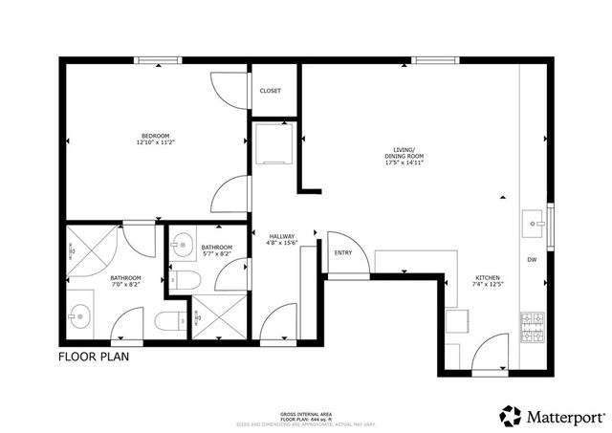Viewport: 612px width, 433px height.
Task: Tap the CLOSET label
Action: (x=270, y=91)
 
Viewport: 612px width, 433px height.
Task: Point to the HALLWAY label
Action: (x=281, y=236)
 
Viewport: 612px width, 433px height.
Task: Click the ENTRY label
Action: (x=342, y=253)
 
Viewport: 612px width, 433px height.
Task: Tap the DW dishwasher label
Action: (x=531, y=260)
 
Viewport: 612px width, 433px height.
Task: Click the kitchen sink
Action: (x=532, y=224)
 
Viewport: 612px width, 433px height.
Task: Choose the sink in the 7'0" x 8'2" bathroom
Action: (x=78, y=314)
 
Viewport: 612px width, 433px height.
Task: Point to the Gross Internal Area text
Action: (x=306, y=414)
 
